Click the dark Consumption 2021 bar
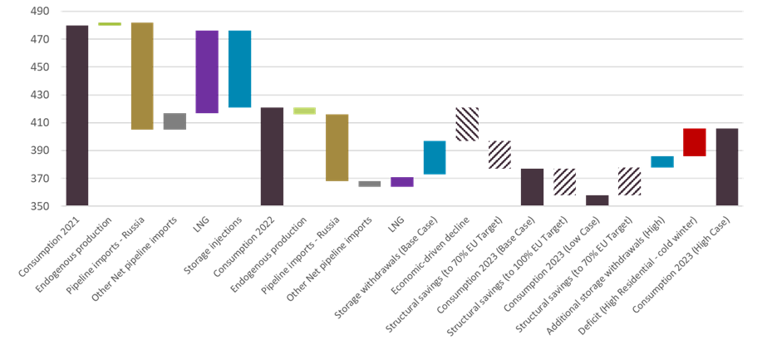click(77, 115)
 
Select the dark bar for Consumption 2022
click(272, 155)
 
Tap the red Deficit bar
click(694, 142)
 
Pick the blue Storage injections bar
click(239, 69)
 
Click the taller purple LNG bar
click(207, 72)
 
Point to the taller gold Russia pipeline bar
click(142, 76)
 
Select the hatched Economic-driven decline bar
click(467, 124)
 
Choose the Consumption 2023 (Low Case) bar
click(597, 200)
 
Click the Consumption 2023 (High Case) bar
click(726, 166)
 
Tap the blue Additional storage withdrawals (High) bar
click(662, 161)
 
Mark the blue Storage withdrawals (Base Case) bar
click(435, 157)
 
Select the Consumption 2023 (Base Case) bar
click(532, 186)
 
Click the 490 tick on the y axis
click(41, 12)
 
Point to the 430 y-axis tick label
click(41, 95)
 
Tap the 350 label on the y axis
click(41, 206)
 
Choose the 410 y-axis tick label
click(41, 123)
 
